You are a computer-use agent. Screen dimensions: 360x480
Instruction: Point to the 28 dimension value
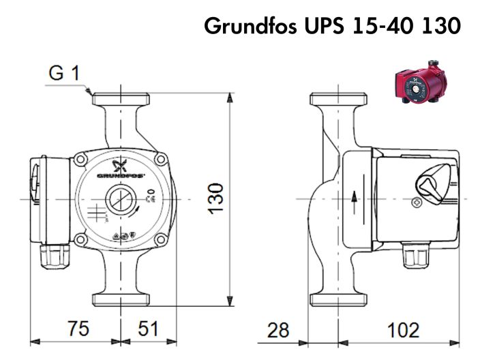[277, 331]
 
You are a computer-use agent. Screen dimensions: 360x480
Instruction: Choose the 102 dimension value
[404, 331]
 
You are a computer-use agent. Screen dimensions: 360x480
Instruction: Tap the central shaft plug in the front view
[120, 200]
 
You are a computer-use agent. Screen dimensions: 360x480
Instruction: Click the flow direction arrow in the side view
[354, 198]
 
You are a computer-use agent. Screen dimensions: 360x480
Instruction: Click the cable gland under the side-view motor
[411, 256]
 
